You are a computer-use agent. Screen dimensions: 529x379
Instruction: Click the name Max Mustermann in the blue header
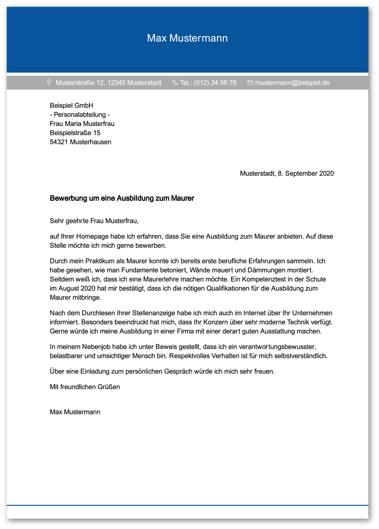click(x=187, y=38)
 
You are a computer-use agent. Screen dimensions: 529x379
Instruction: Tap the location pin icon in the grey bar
click(x=49, y=83)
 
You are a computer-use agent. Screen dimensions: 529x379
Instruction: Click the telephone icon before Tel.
click(x=175, y=83)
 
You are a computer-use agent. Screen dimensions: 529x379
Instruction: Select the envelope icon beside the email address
click(x=250, y=83)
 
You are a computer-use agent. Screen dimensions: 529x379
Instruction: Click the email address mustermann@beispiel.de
click(x=292, y=83)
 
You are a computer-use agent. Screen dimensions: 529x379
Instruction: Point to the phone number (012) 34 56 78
click(x=215, y=83)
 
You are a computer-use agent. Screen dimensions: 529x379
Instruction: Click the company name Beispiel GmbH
click(x=71, y=105)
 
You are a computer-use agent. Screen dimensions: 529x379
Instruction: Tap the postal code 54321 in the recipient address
click(x=59, y=142)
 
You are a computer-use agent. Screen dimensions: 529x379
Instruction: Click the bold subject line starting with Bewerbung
click(x=122, y=198)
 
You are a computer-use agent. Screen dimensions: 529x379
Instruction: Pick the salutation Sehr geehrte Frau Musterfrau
click(x=94, y=221)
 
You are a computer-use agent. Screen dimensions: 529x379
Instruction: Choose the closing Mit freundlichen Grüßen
click(x=85, y=387)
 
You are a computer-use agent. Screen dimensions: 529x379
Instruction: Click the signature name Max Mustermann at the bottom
click(x=75, y=412)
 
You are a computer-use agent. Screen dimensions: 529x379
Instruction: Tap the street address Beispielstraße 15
click(x=75, y=133)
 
